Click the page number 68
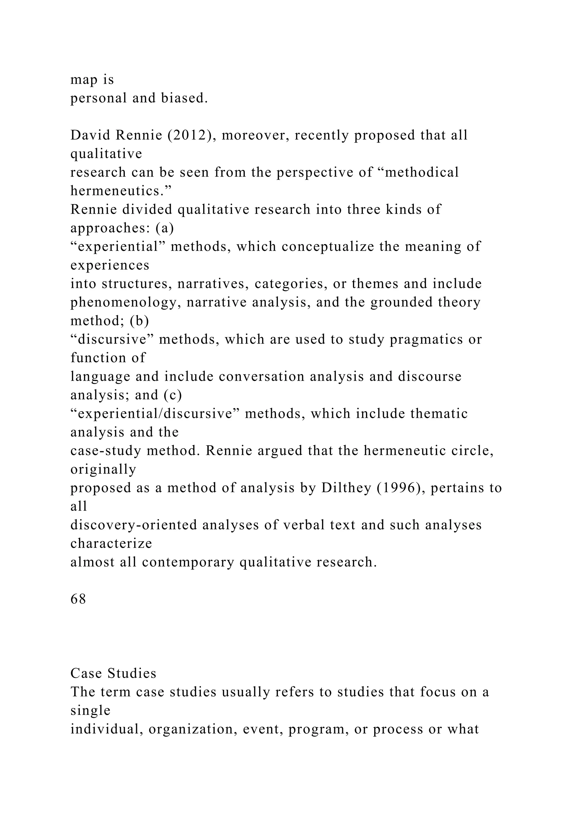(78, 599)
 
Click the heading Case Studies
(113, 674)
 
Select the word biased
(184, 98)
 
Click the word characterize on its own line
(111, 544)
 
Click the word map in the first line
(84, 79)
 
